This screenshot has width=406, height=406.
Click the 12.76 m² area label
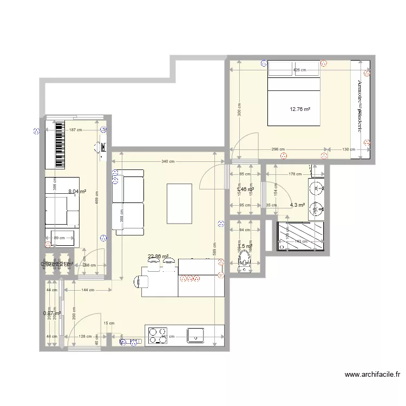[x=300, y=109]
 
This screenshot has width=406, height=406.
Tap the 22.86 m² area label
[x=159, y=257]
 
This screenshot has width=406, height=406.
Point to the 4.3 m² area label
[x=297, y=205]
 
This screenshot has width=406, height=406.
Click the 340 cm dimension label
[x=168, y=161]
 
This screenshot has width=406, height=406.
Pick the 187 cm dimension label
[x=75, y=129]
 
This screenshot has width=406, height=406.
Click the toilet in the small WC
[x=245, y=264]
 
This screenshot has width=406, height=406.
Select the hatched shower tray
[x=300, y=237]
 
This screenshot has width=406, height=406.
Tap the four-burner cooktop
[x=158, y=335]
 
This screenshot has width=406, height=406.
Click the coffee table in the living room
[x=180, y=204]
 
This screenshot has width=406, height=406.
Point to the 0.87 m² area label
[x=51, y=313]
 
